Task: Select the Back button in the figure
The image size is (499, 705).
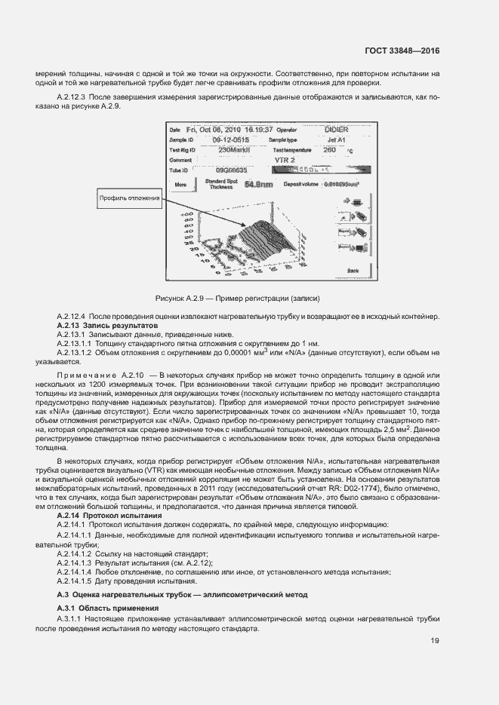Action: point(353,269)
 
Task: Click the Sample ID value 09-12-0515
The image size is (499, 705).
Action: point(229,140)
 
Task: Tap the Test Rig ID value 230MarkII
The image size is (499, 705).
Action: point(234,150)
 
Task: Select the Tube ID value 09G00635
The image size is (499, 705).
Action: point(231,171)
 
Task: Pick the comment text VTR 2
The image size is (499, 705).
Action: point(284,161)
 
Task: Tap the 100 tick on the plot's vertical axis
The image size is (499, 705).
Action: point(184,216)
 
